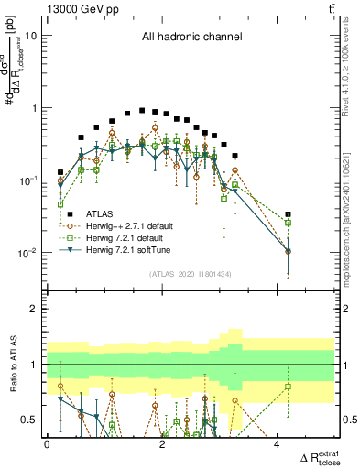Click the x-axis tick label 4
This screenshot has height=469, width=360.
tap(278, 445)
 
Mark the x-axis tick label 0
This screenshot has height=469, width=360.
tap(47, 445)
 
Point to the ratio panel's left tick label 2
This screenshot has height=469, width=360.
tap(35, 309)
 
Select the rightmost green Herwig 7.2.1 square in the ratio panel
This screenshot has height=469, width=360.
tap(288, 387)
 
